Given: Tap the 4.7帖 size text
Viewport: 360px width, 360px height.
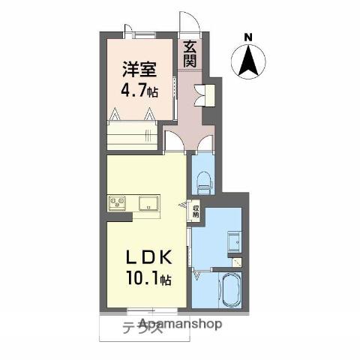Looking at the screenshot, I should [x=140, y=92].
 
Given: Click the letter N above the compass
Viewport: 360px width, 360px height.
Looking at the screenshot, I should [x=248, y=35].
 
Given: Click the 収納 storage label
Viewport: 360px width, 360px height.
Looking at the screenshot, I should [x=196, y=211].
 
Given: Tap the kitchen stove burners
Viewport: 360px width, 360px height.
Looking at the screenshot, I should [x=118, y=202].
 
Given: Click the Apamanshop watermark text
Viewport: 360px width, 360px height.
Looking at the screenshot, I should [x=180, y=325].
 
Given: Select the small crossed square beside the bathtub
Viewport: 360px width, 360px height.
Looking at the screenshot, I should [x=238, y=263].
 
